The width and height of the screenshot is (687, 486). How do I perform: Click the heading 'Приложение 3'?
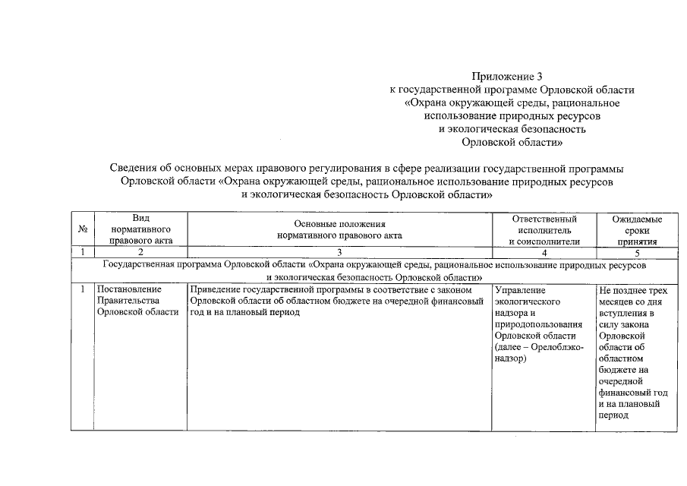(x=507, y=77)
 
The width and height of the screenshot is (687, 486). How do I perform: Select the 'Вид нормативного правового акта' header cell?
(x=140, y=229)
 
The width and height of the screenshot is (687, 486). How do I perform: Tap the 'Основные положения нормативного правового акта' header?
(x=339, y=229)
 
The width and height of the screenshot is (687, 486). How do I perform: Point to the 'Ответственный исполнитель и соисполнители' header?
(x=544, y=229)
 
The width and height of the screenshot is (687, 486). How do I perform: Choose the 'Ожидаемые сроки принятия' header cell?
(x=637, y=229)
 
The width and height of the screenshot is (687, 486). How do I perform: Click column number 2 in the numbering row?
(x=140, y=252)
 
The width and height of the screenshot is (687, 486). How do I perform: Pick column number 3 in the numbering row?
(x=339, y=252)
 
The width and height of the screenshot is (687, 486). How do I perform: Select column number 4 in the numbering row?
(x=544, y=252)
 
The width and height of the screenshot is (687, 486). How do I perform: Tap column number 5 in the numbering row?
(x=637, y=252)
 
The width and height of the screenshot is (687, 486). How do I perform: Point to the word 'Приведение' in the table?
(x=216, y=290)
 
